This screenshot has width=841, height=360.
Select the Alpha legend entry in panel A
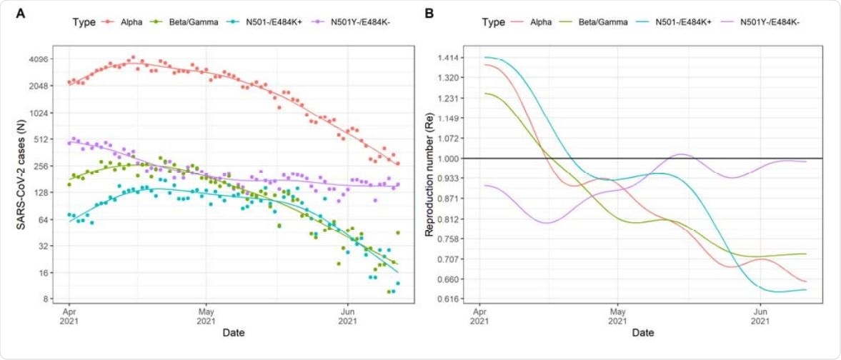tap(135, 22)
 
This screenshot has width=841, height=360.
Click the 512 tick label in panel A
tap(39, 139)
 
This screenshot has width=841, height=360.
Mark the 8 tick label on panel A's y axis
tap(44, 299)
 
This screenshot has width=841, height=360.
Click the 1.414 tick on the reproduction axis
tap(454, 57)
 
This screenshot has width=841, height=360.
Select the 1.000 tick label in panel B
tap(454, 158)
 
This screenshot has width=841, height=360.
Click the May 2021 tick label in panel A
tap(206, 317)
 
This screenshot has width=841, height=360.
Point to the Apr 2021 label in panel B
tap(479, 317)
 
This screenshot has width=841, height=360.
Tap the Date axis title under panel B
tap(642, 333)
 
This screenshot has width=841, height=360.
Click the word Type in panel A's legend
tap(84, 22)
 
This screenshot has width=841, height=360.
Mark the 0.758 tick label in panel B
tap(454, 239)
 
